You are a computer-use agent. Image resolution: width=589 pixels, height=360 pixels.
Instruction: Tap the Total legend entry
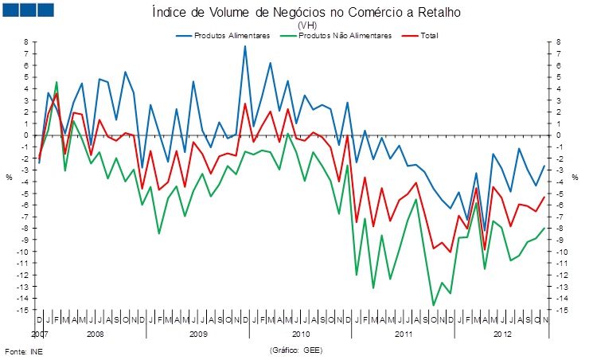click(427, 35)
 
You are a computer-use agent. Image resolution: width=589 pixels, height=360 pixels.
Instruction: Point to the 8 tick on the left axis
click(25, 42)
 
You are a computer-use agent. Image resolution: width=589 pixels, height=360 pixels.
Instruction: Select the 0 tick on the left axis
click(25, 135)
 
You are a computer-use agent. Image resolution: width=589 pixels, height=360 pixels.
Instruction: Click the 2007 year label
click(39, 335)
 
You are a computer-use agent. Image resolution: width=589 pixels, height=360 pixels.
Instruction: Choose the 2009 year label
click(199, 335)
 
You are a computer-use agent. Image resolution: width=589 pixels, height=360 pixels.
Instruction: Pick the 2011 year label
click(406, 335)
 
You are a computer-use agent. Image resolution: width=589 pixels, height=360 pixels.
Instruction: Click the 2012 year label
click(501, 335)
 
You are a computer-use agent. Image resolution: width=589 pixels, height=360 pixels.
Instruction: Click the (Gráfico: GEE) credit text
click(296, 350)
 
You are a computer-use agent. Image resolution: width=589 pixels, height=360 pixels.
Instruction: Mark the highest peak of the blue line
click(245, 46)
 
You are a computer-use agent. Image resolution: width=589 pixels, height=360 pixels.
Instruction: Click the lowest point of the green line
click(434, 305)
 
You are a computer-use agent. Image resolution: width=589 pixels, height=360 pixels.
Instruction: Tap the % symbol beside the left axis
click(9, 177)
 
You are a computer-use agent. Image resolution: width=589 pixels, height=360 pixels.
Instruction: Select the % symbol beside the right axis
click(575, 177)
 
